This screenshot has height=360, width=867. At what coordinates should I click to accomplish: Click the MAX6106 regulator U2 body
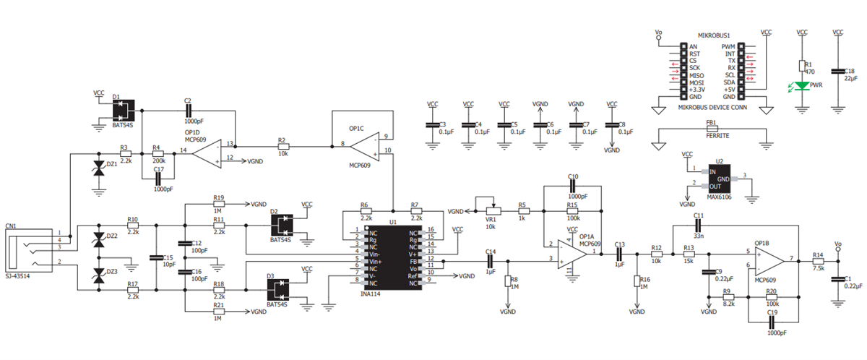720,177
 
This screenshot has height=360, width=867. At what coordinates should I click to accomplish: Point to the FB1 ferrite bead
712,129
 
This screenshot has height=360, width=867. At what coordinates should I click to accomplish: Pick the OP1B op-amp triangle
769,259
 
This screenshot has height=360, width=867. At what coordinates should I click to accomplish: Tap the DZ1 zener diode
100,168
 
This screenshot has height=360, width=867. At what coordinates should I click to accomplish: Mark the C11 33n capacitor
698,224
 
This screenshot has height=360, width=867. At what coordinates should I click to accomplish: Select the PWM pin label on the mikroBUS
728,46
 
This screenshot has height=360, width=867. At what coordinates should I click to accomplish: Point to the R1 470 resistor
801,66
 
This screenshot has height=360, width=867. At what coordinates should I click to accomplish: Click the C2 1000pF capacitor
188,110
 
